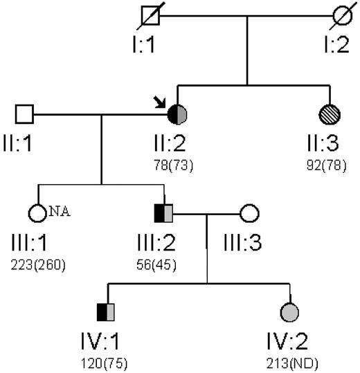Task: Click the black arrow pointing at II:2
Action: (x=161, y=102)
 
